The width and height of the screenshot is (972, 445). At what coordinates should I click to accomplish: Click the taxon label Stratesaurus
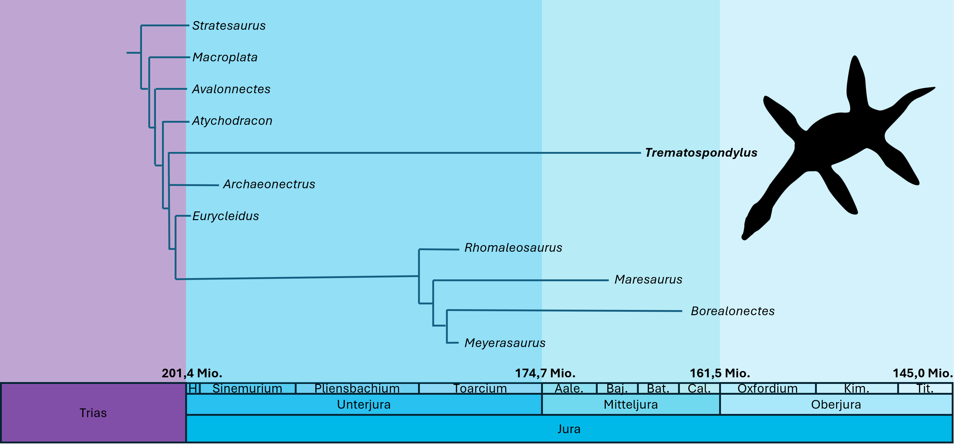pos(229,26)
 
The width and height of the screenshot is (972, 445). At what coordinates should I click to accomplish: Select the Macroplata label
pos(225,57)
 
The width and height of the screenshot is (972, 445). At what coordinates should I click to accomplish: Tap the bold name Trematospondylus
pos(701,153)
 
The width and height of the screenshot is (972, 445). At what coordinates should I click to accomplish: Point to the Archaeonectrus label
pos(269,184)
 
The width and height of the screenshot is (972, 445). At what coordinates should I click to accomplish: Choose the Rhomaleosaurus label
pos(513,248)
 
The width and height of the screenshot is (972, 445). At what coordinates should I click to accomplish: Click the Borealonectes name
pos(732,311)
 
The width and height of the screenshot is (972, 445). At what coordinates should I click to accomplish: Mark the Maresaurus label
pos(648,279)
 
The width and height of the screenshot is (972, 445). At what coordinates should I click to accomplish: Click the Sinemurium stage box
pos(247,388)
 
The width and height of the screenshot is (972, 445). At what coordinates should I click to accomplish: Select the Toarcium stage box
pos(480,388)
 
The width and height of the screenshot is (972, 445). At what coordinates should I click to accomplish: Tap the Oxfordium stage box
pos(768,388)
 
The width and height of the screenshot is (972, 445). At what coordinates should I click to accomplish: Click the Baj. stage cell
pos(617,388)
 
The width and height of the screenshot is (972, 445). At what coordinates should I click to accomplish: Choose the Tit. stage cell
pos(925,388)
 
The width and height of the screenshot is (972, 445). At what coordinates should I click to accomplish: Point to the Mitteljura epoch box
pos(631,405)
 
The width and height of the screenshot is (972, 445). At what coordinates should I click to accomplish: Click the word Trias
pos(93,413)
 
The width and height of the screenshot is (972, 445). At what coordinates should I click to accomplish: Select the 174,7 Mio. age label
pos(545,373)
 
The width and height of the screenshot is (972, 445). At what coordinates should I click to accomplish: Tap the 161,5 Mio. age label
pos(720,373)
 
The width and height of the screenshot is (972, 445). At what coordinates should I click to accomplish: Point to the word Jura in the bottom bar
pos(569,429)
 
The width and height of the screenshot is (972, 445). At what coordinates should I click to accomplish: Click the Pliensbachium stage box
pos(357,388)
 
